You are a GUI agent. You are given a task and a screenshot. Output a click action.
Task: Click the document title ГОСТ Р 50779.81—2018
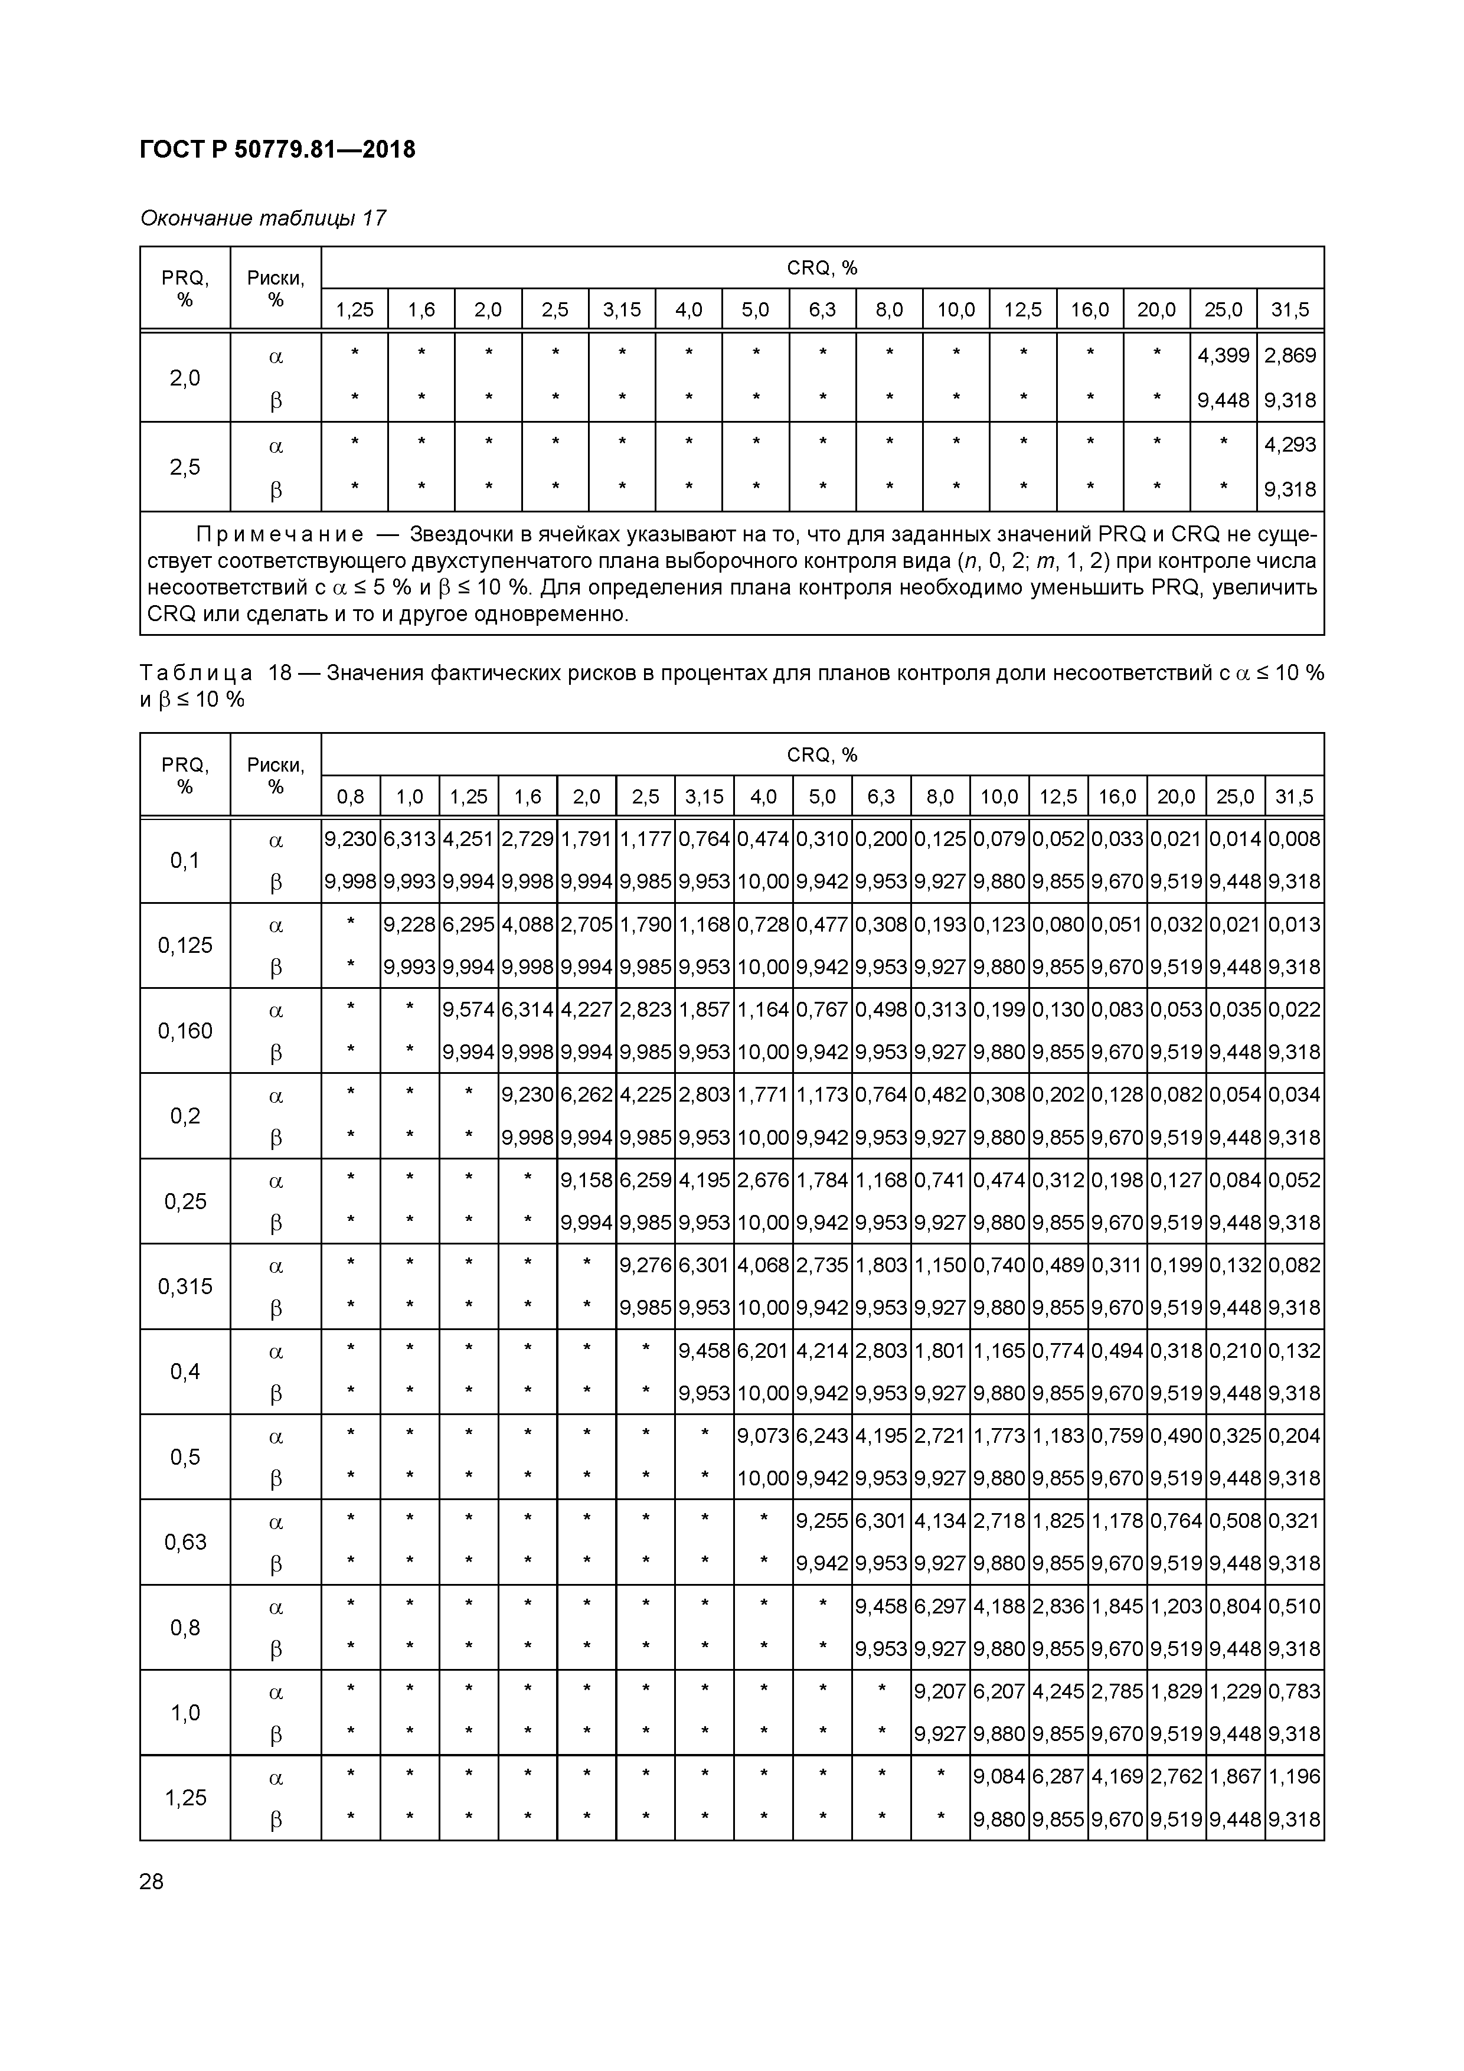(x=278, y=150)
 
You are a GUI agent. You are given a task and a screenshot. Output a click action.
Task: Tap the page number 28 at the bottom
(x=152, y=1881)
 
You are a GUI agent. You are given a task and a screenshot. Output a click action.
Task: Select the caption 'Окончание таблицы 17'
(x=263, y=218)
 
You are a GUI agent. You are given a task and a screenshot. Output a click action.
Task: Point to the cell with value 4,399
(x=1223, y=355)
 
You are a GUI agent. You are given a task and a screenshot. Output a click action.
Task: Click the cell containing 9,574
(x=468, y=1010)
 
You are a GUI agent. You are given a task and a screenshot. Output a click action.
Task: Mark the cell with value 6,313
(x=410, y=839)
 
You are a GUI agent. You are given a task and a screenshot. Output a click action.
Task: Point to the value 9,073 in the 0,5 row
(x=763, y=1435)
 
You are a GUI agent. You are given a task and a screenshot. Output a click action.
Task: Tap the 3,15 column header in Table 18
(x=704, y=796)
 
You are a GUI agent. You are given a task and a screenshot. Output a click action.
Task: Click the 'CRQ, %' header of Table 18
(x=822, y=754)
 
